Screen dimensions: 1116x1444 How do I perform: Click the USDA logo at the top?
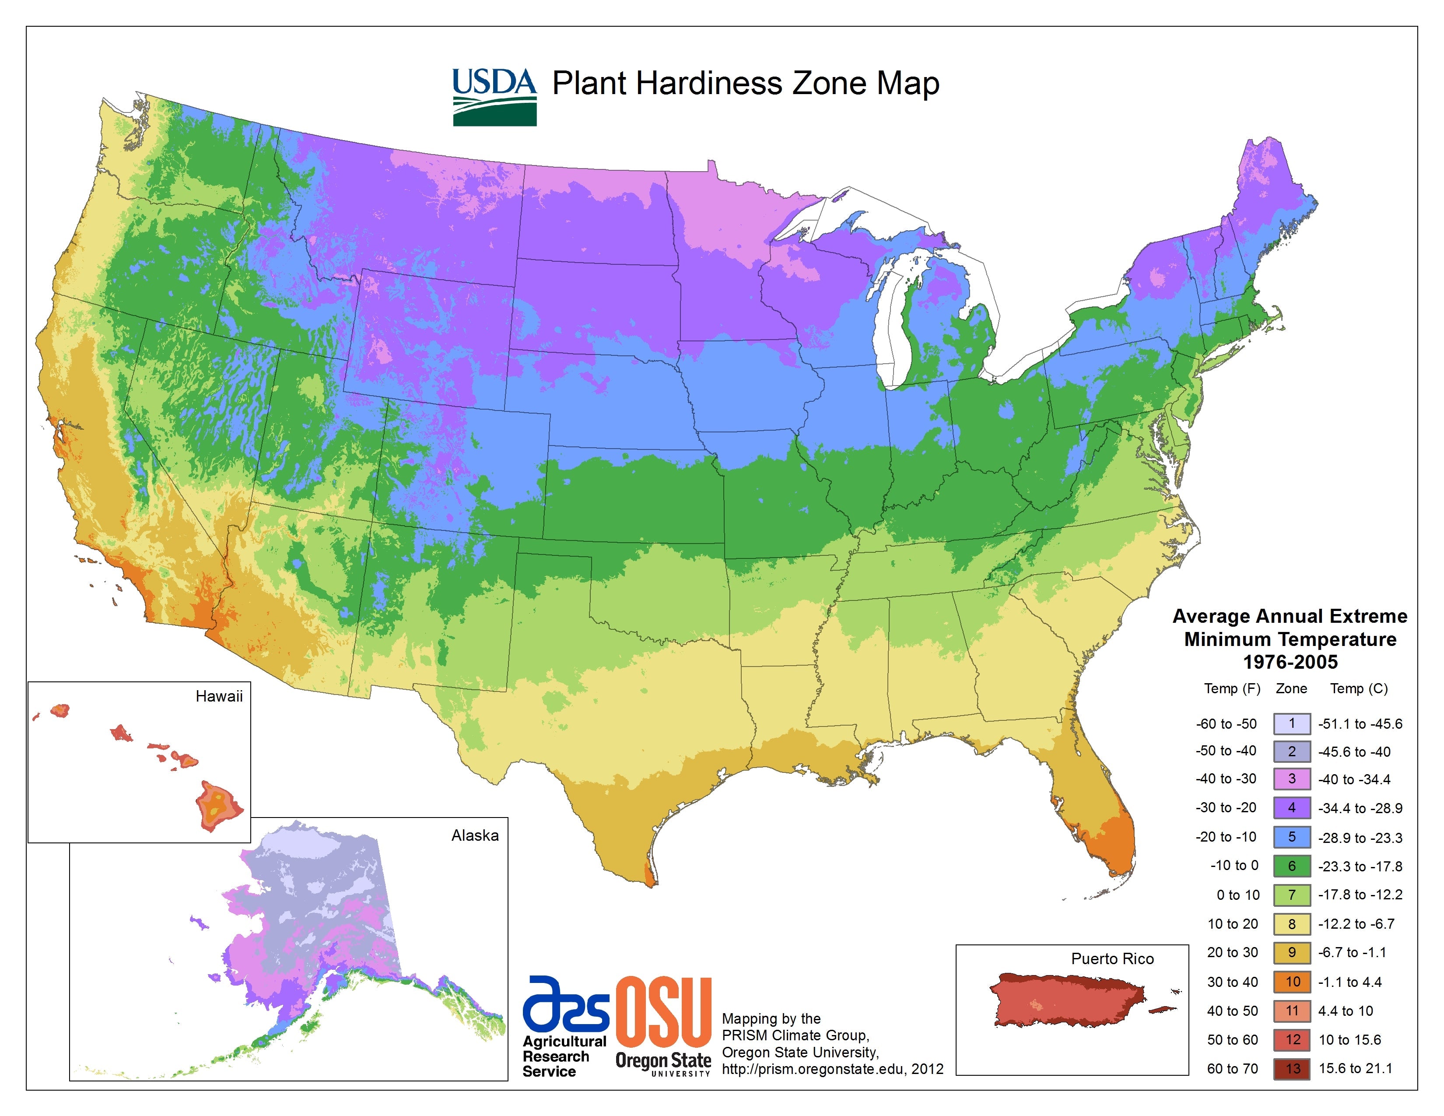[494, 97]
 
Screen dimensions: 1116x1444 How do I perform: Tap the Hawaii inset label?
[219, 696]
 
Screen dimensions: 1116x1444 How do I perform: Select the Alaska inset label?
[475, 835]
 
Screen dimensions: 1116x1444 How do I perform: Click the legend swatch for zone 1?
[1292, 724]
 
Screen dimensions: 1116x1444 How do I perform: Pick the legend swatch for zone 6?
[1292, 865]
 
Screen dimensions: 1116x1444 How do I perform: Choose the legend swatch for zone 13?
[1292, 1068]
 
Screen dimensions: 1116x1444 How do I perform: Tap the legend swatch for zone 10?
[1292, 982]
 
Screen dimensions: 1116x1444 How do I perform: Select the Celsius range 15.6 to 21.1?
[1356, 1068]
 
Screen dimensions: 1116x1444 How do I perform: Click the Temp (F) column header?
[1232, 688]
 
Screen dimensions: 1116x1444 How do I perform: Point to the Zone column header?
[1291, 688]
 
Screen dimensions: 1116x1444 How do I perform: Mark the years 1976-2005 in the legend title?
[1290, 662]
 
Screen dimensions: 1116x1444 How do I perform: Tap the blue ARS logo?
[565, 1004]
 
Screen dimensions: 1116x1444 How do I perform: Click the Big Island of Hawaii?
[219, 805]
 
